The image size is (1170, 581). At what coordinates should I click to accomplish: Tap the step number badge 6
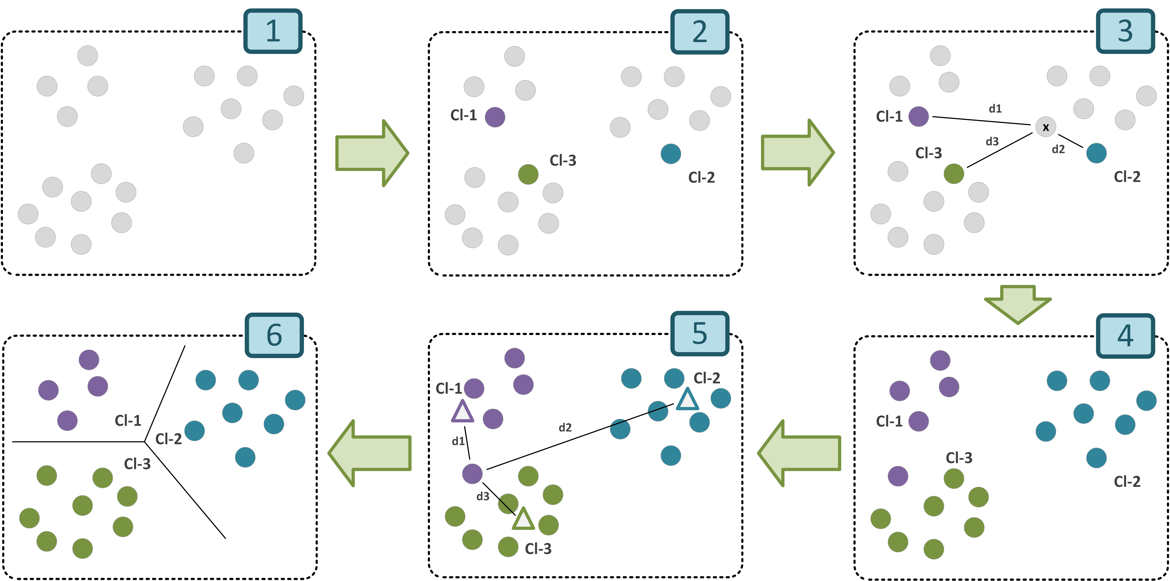(x=274, y=335)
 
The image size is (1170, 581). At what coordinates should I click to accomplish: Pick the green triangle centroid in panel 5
(x=523, y=519)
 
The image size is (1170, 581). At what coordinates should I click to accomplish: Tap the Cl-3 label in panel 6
(x=137, y=464)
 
